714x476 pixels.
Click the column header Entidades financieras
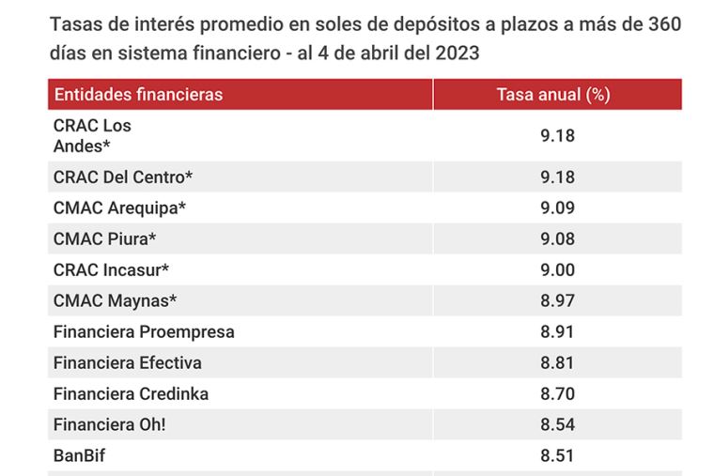138,95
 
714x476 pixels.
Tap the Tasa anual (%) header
553,95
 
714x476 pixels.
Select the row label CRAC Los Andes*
92,135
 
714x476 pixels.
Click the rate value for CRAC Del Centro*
557,177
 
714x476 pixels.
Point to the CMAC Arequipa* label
119,208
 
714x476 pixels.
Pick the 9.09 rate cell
557,208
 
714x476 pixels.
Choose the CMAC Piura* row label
104,238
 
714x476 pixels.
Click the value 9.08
557,238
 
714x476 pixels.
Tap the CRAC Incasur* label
111,269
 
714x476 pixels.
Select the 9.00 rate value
557,269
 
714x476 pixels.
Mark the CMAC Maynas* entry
115,300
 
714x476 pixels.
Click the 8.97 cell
557,300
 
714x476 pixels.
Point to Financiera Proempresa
144,332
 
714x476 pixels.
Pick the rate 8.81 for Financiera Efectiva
557,362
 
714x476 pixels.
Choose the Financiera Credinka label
132,393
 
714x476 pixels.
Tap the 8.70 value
557,393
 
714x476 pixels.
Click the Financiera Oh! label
109,424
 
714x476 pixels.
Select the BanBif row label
79,455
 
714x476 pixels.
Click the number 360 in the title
665,24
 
